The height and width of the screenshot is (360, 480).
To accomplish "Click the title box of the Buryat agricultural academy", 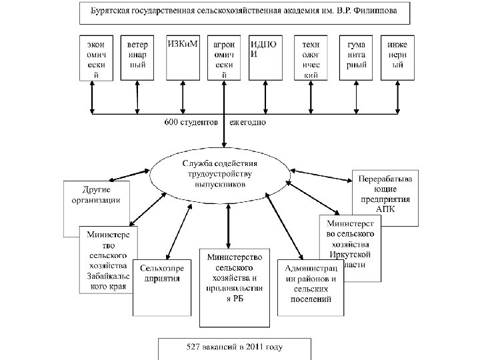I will [245, 11].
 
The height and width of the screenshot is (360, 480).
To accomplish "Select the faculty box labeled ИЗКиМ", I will [182, 57].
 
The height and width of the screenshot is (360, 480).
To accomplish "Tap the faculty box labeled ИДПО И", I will [265, 57].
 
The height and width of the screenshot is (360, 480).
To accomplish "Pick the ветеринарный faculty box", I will [138, 57].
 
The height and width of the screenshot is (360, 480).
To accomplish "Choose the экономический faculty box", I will [95, 57].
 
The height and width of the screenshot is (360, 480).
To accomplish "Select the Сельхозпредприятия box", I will [162, 286].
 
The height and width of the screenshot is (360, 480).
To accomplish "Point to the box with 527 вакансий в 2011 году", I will [234, 347].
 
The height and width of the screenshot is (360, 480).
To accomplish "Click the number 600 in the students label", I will [171, 123].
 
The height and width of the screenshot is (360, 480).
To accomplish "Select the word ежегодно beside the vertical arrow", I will [249, 123].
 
